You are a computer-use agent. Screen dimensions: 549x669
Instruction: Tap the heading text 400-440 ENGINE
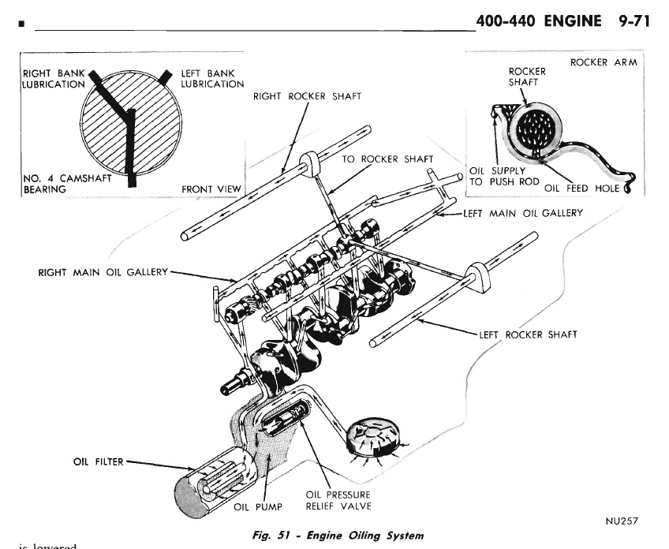tap(544, 20)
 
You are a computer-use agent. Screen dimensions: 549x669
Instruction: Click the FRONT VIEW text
tap(210, 189)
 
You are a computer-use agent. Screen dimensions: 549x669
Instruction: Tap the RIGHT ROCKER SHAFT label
tap(308, 96)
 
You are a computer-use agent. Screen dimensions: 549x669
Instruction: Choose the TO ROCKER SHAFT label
tap(387, 159)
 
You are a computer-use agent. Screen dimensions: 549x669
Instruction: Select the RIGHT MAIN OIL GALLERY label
tap(103, 272)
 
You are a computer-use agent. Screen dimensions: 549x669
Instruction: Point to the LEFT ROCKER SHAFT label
tap(527, 334)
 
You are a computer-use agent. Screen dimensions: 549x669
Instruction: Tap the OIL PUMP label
tap(252, 506)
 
